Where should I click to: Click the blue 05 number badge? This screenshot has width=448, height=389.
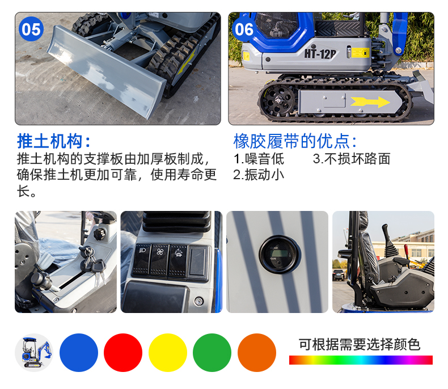(x=31, y=29)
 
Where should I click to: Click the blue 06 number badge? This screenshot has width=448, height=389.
(x=244, y=29)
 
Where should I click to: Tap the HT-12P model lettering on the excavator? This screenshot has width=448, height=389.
(x=320, y=53)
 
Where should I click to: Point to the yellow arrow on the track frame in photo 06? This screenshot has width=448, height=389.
(x=370, y=102)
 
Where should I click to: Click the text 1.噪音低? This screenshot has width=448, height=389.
(x=259, y=159)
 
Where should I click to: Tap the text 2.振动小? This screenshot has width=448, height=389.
(x=259, y=175)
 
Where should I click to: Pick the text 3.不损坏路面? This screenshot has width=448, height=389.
(x=352, y=159)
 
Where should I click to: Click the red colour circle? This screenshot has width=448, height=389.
(x=123, y=353)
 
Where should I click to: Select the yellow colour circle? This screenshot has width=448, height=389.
(x=168, y=353)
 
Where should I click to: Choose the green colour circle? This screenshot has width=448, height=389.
(x=212, y=353)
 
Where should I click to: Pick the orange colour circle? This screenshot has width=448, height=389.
(x=257, y=353)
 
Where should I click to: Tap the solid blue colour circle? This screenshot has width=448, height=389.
(x=79, y=353)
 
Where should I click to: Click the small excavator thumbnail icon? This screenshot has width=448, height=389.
(x=34, y=353)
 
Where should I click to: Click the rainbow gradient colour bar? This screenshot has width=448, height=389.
(x=361, y=360)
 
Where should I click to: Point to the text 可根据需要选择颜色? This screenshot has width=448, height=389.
(x=360, y=344)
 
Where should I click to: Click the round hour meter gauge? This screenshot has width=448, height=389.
(x=280, y=254)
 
